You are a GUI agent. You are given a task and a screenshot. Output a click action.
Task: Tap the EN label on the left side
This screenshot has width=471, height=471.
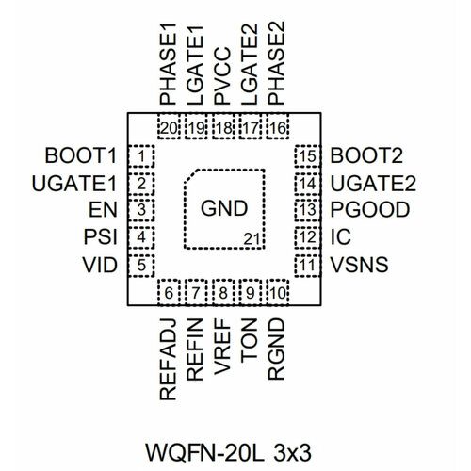pos(103,210)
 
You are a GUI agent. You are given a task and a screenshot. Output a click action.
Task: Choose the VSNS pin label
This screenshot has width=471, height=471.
pos(362,265)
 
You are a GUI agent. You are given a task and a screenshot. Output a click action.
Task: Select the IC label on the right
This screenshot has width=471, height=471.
pos(340,237)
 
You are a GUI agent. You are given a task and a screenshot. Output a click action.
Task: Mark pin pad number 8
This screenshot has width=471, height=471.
pos(223,293)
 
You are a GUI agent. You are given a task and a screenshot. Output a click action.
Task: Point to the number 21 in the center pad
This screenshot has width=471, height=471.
pos(251,241)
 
